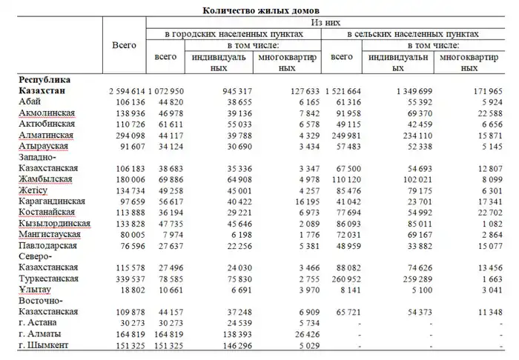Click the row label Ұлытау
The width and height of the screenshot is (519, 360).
36,290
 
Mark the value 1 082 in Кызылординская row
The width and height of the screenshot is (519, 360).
491,223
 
